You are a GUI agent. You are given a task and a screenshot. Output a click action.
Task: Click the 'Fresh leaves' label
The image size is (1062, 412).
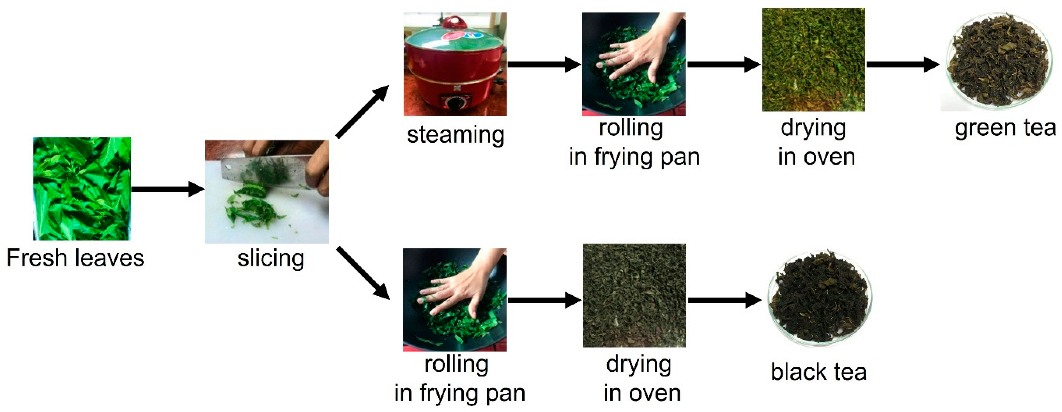(x=76, y=258)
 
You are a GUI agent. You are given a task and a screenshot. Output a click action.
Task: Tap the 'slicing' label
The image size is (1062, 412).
(x=271, y=259)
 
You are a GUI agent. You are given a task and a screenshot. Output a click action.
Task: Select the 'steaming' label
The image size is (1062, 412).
(x=456, y=135)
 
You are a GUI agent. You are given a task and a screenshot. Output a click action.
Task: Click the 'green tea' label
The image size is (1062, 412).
(x=1006, y=128)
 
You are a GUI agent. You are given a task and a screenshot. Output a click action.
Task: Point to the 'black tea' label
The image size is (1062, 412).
(x=819, y=372)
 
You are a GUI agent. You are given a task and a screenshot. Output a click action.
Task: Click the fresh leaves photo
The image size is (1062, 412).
(x=82, y=189)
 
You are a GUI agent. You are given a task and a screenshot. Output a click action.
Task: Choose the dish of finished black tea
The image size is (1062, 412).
(x=819, y=298)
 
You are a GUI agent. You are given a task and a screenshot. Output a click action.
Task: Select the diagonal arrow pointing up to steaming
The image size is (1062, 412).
(x=362, y=111)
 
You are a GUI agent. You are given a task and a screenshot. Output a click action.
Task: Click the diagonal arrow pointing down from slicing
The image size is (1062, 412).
(x=363, y=273)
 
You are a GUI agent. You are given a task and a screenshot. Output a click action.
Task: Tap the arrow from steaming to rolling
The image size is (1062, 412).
(x=544, y=64)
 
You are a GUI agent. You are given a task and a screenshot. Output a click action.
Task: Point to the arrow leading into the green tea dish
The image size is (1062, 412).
(x=903, y=64)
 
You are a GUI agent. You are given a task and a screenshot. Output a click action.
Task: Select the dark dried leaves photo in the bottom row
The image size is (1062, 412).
(x=634, y=296)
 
